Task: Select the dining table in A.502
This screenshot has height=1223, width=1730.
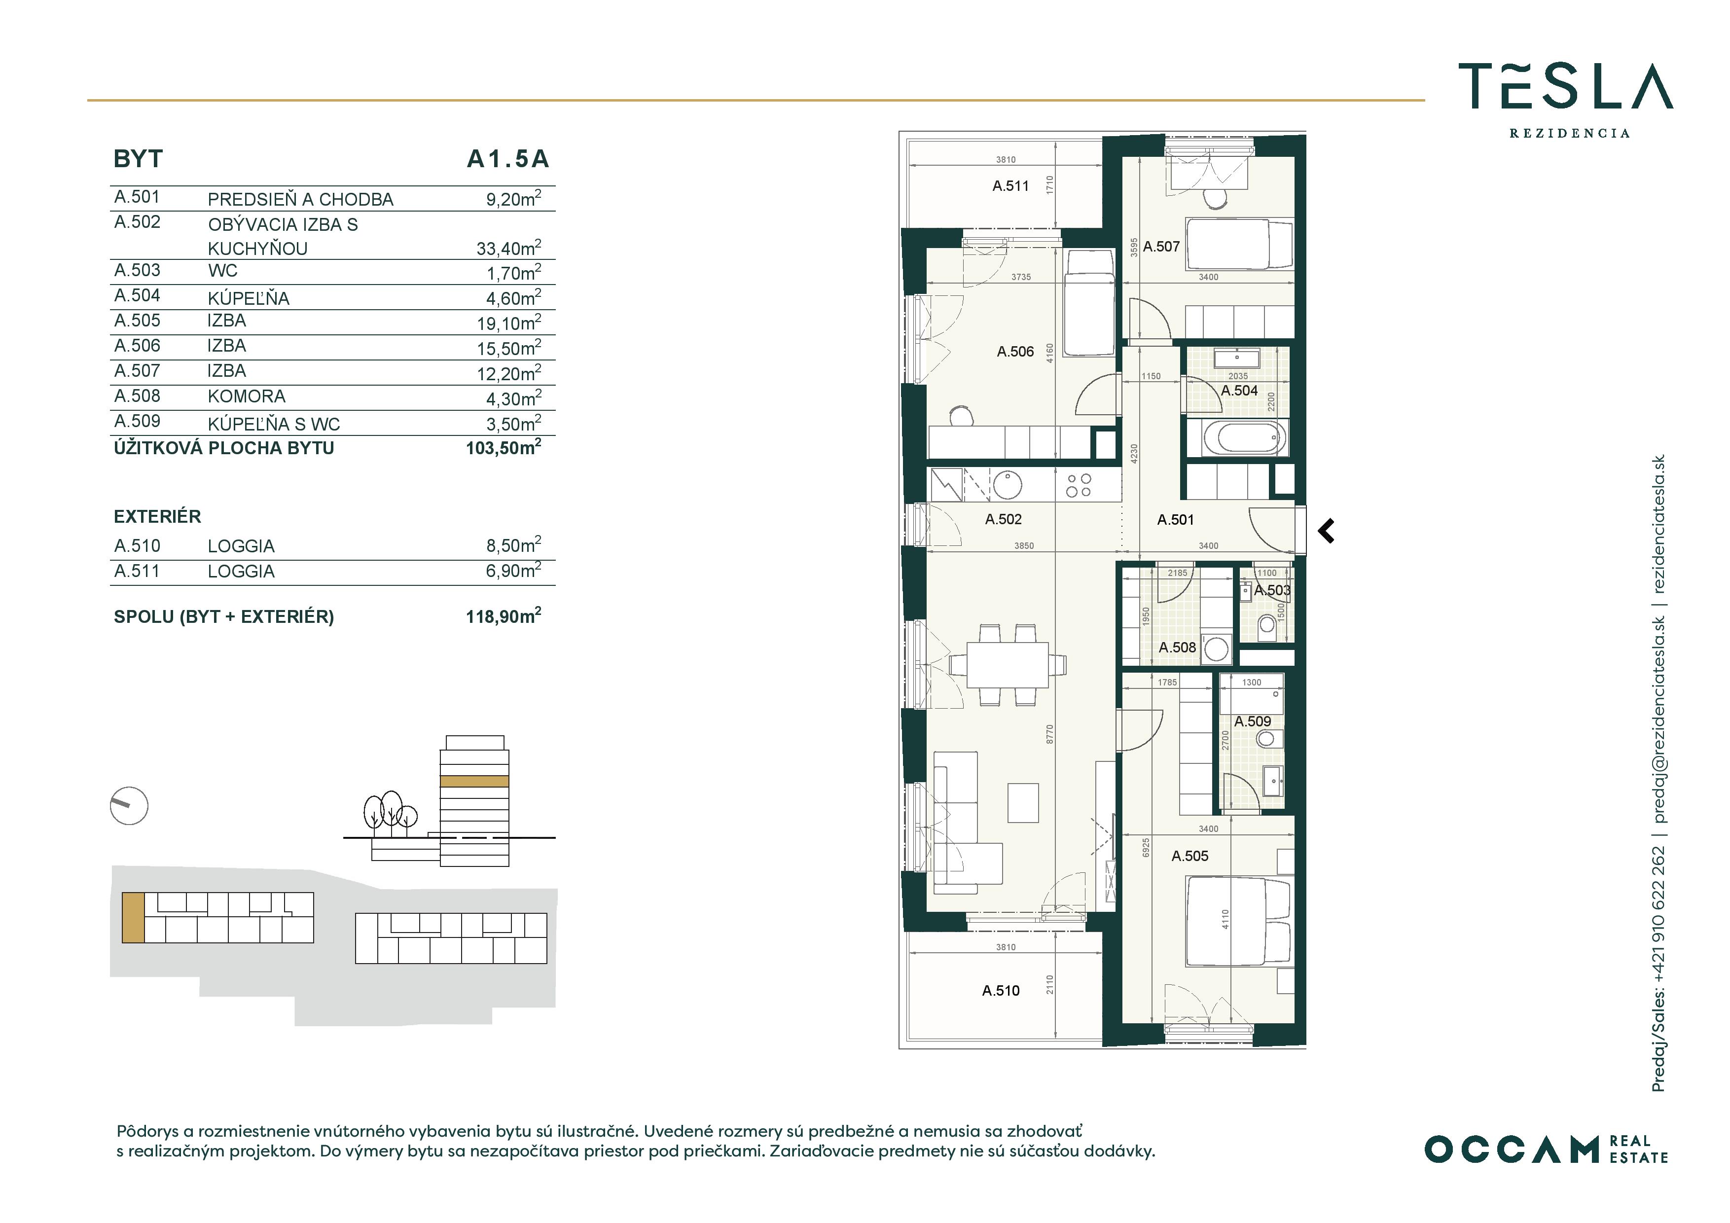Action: tap(1008, 665)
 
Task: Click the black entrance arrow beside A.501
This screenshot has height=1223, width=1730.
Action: tap(1326, 531)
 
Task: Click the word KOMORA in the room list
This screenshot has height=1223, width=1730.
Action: tap(247, 396)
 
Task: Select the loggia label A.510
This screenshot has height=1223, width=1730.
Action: tap(1001, 991)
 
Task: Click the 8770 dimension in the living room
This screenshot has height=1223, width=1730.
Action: tap(1049, 735)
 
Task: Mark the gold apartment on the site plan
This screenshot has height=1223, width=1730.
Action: tap(133, 918)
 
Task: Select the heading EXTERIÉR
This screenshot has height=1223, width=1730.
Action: tap(157, 516)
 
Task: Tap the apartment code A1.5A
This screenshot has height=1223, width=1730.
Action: tap(508, 159)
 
